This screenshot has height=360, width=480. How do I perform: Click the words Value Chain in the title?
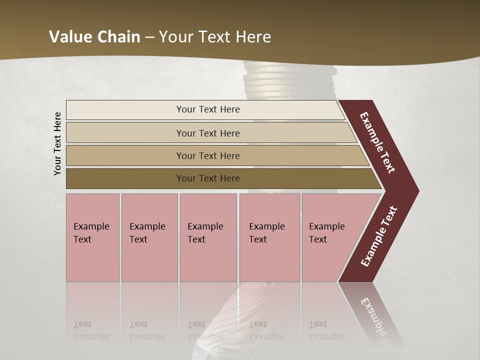point(94,36)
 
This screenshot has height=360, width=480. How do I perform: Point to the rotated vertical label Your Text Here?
point(57,144)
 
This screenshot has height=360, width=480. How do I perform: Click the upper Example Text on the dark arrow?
point(377,142)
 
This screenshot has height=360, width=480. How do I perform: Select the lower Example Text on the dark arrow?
point(378,236)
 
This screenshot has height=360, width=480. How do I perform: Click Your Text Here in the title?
point(215,36)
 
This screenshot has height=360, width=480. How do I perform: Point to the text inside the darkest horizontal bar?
point(208,178)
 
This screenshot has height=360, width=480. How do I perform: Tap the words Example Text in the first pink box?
point(91,232)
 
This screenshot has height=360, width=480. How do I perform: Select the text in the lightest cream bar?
point(208,109)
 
